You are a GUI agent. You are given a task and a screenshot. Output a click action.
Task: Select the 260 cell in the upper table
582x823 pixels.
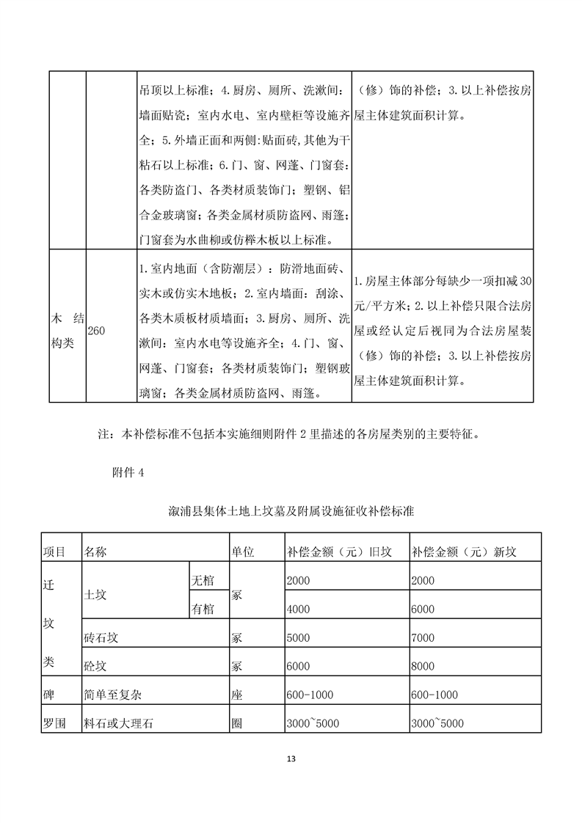[x=96, y=332]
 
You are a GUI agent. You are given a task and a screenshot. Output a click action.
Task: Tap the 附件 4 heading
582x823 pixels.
[x=126, y=474]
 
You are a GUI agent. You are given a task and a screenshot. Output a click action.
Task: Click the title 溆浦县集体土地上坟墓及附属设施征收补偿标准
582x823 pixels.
[x=291, y=511]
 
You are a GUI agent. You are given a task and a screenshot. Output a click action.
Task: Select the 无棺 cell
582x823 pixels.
[x=203, y=580]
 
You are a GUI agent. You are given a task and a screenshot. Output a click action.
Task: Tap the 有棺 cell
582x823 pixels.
[x=203, y=609]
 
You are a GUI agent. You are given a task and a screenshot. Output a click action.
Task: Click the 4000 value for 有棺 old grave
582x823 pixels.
[x=299, y=609]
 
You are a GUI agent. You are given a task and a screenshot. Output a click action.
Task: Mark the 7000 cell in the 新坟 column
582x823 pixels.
[x=423, y=637]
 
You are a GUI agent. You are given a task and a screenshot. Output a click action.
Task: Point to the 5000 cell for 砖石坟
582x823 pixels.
[x=299, y=637]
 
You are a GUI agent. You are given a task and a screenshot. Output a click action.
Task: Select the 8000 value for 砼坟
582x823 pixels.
[x=423, y=666]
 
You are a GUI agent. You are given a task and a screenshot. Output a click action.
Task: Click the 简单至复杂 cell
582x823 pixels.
[x=112, y=695]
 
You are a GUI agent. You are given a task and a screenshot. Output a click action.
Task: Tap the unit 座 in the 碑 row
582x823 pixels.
[x=237, y=695]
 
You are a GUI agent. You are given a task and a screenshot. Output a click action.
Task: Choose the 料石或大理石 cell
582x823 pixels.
[x=121, y=723]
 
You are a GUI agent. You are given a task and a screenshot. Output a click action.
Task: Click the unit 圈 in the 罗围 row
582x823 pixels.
[x=237, y=723]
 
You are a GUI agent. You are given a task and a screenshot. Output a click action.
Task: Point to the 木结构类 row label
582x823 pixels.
[x=64, y=332]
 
